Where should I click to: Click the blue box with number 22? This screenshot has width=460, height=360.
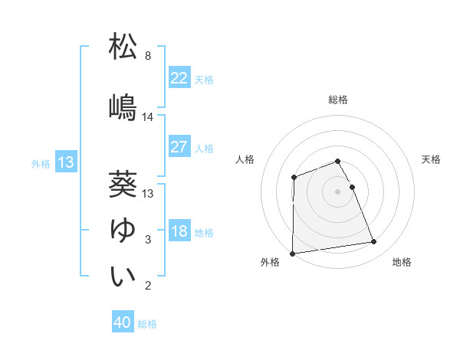(x=179, y=78)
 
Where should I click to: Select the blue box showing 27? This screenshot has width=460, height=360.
(x=179, y=147)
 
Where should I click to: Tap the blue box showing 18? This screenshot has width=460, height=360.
(x=179, y=231)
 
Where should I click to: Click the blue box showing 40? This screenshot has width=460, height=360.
(x=123, y=322)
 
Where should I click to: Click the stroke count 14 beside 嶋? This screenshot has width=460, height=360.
(x=148, y=117)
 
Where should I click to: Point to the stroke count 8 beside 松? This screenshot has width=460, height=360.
(x=147, y=56)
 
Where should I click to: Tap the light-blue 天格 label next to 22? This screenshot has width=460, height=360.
(x=204, y=79)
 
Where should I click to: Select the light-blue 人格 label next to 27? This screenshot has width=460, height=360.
(x=204, y=148)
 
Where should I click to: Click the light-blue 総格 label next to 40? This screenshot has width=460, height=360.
(x=147, y=323)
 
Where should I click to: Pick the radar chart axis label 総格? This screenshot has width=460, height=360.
(x=337, y=100)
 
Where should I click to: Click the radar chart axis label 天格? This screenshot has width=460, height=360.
(x=432, y=159)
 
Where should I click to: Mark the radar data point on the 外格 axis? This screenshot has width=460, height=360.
(x=292, y=254)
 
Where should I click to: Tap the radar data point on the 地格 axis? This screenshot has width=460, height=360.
(x=374, y=242)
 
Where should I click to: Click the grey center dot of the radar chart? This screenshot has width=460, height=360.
(x=337, y=191)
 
